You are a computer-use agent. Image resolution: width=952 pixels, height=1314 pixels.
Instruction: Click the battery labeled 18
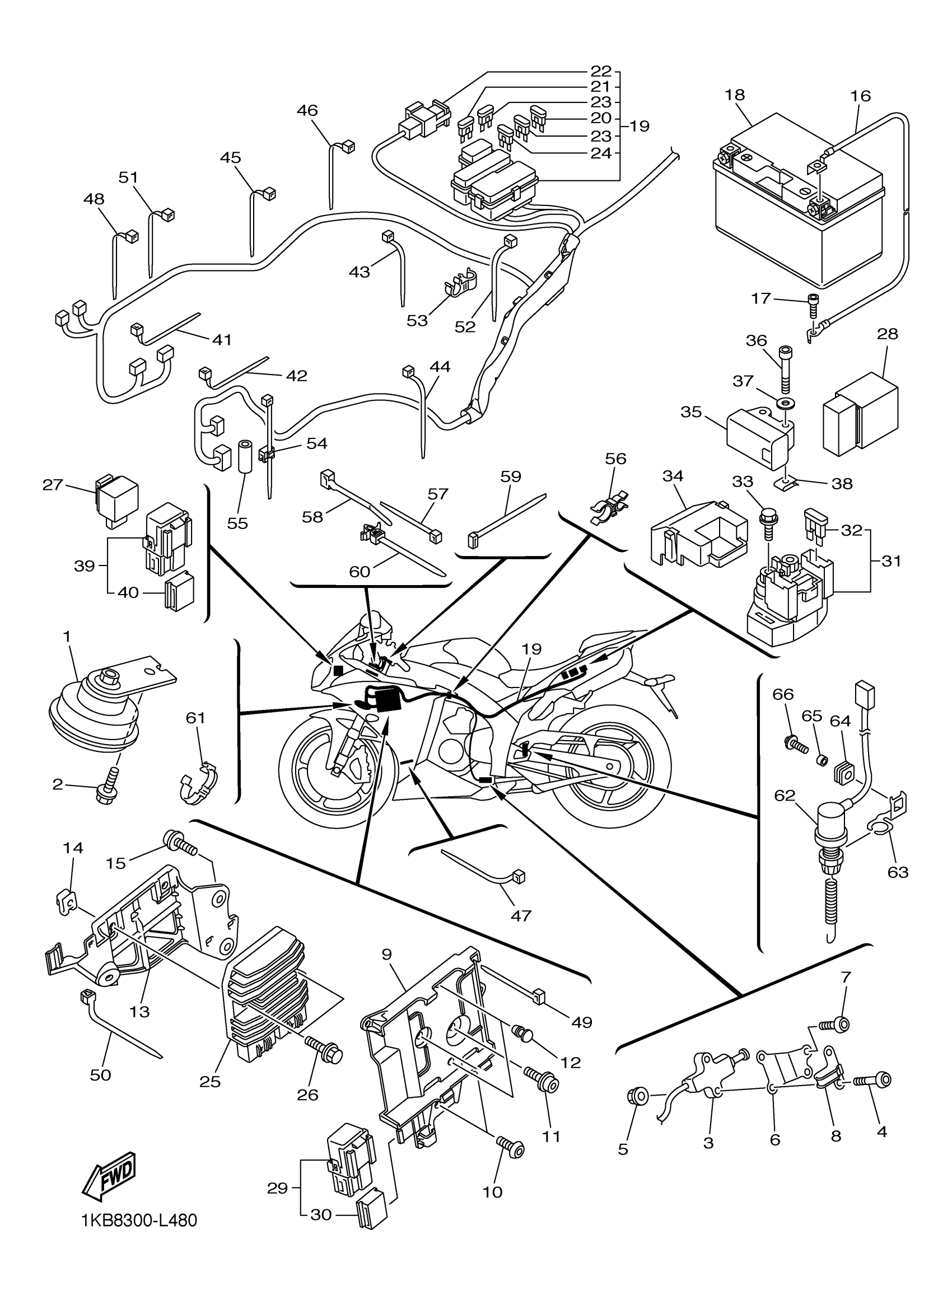(800, 209)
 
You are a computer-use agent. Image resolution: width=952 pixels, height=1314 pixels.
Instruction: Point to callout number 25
(211, 1082)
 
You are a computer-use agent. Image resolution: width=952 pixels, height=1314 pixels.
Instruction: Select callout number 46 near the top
(307, 110)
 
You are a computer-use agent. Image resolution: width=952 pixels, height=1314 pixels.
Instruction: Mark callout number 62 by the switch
(785, 796)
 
